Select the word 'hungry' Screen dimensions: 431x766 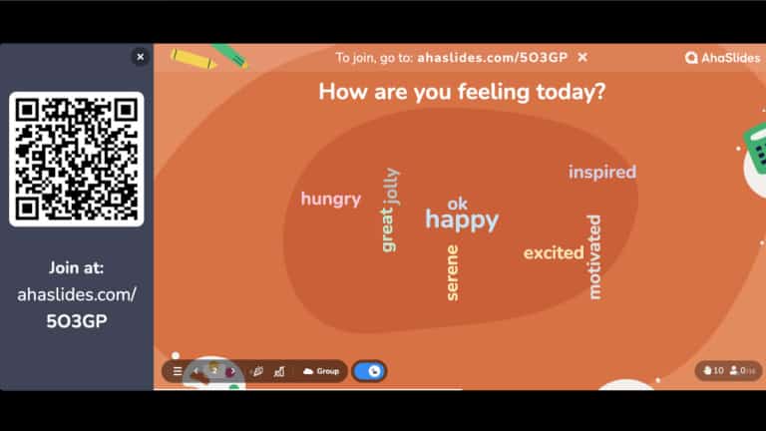[x=330, y=199]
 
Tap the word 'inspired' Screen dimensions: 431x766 [x=602, y=172]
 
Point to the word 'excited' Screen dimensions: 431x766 [x=554, y=252]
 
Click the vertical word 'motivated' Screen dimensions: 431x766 [x=594, y=256]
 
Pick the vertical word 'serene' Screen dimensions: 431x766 [x=452, y=272]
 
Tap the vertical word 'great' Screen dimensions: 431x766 [x=387, y=228]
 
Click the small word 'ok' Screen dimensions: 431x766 [x=457, y=204]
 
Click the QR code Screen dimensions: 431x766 [x=77, y=160]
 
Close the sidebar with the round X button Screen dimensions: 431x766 [x=140, y=57]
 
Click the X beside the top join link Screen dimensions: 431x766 [x=582, y=58]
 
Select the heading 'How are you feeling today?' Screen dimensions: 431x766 [x=461, y=92]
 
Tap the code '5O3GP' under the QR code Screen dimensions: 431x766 [x=77, y=321]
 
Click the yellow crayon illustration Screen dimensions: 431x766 [x=193, y=59]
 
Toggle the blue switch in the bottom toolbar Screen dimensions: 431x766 [x=369, y=371]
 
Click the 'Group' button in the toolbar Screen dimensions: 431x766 [x=321, y=371]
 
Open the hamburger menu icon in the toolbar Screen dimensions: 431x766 [x=178, y=371]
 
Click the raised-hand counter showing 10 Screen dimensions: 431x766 [x=712, y=370]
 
